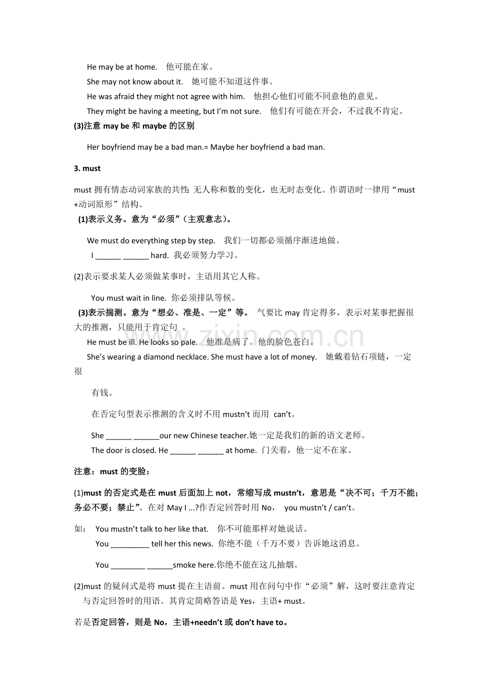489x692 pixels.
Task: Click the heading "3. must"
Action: [87, 168]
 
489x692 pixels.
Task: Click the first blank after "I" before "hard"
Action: [108, 256]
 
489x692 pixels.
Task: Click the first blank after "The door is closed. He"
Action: [183, 451]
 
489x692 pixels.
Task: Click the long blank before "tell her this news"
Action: [130, 544]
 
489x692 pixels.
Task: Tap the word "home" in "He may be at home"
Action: [146, 67]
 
